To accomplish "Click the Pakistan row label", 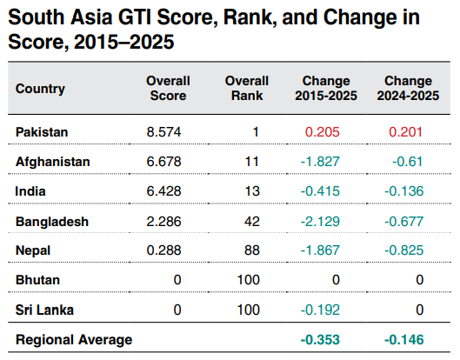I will tap(42, 132).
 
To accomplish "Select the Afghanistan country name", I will tap(52, 162).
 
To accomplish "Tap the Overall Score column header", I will tap(168, 88).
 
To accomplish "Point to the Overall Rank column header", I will tap(246, 88).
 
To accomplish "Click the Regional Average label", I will tap(73, 339).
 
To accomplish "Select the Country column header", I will tap(40, 88).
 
